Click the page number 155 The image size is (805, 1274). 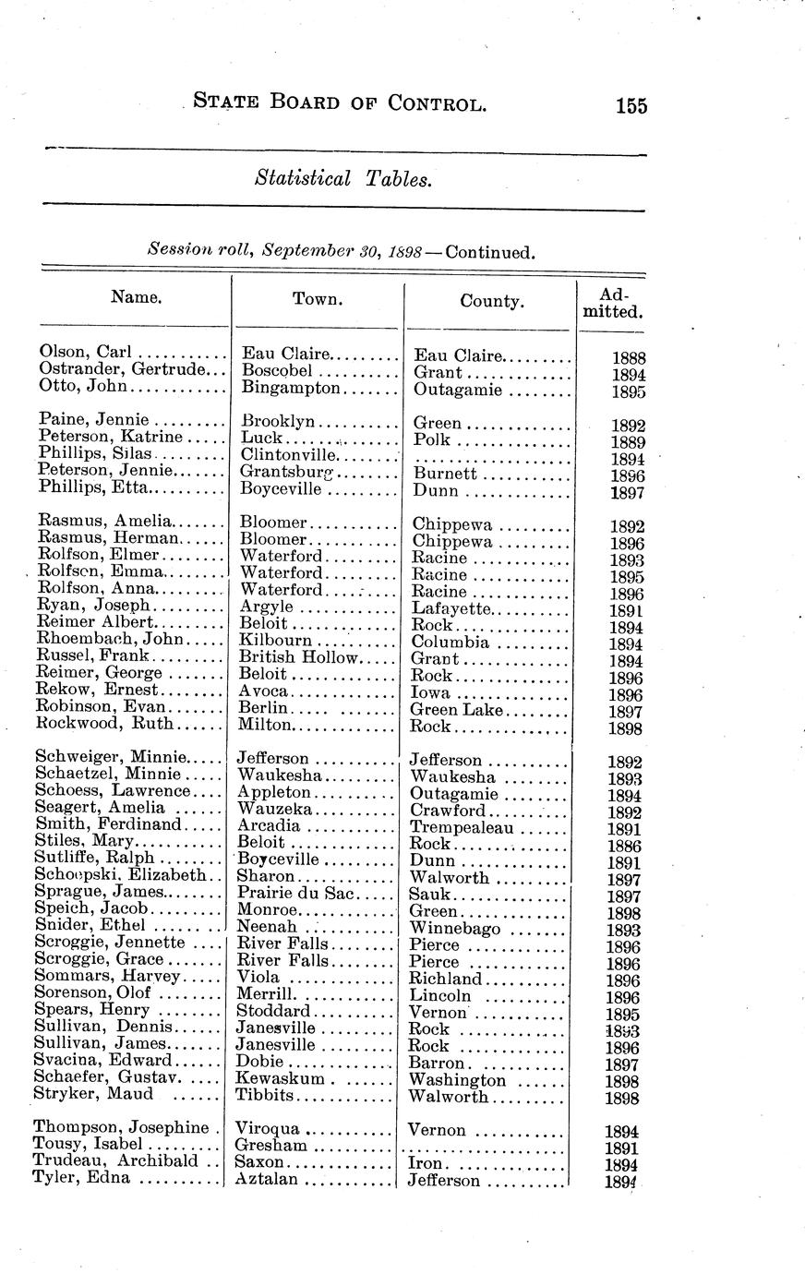click(631, 105)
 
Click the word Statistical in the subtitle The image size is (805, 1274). click(303, 179)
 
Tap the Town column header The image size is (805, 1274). click(318, 298)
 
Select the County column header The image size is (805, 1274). click(491, 301)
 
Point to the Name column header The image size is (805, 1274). click(137, 296)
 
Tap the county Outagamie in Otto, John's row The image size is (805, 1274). click(458, 390)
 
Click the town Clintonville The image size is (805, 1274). click(288, 454)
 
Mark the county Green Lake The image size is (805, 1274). click(457, 710)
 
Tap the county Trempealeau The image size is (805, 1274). click(463, 827)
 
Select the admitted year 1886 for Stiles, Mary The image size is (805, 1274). click(624, 846)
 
